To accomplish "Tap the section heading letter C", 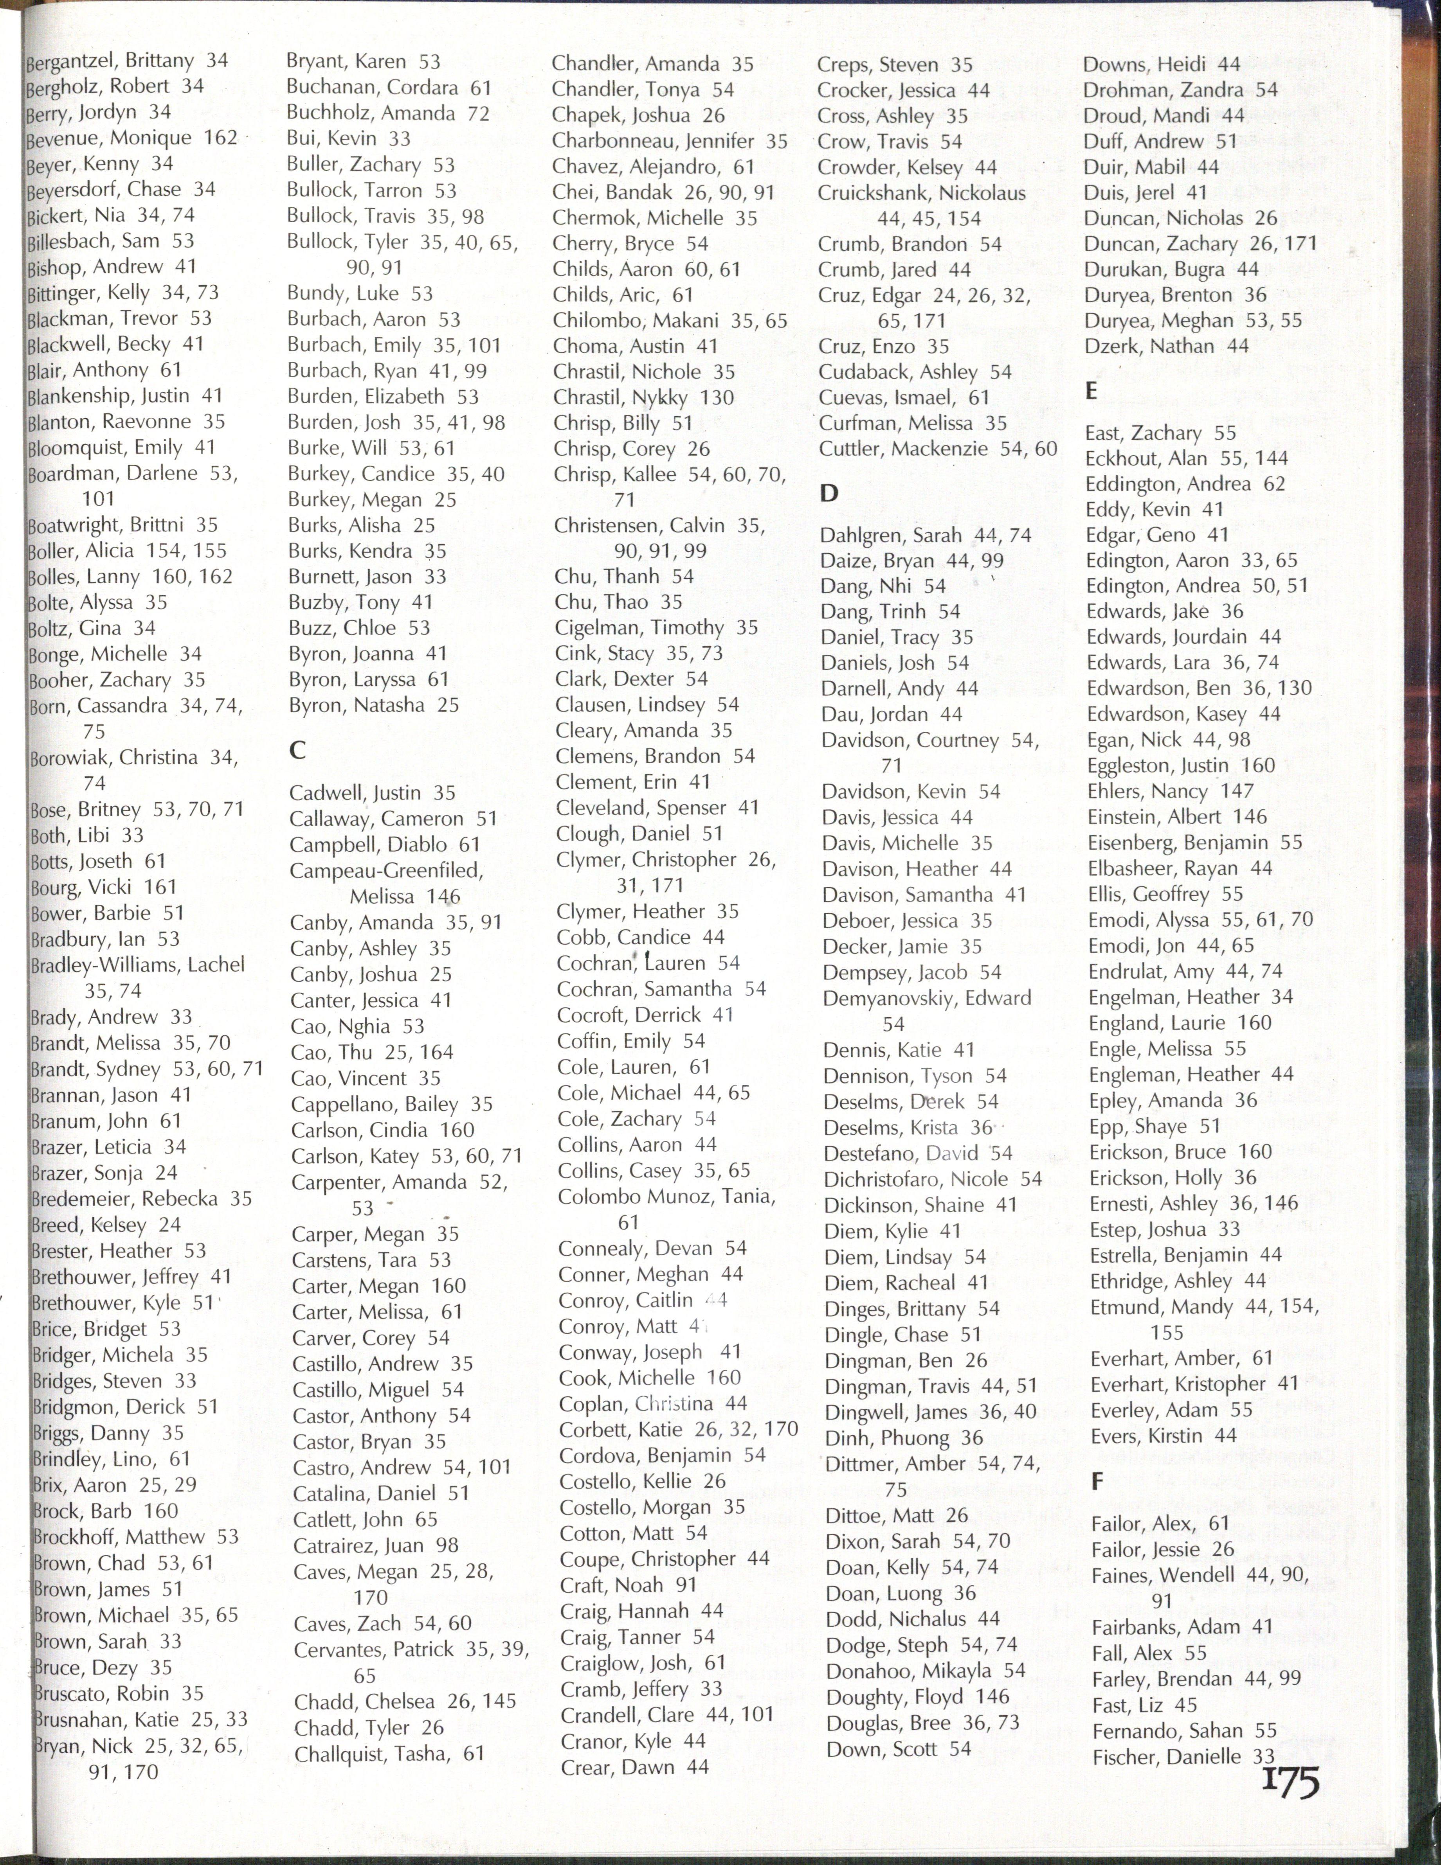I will (x=297, y=750).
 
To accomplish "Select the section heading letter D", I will (x=829, y=493).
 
